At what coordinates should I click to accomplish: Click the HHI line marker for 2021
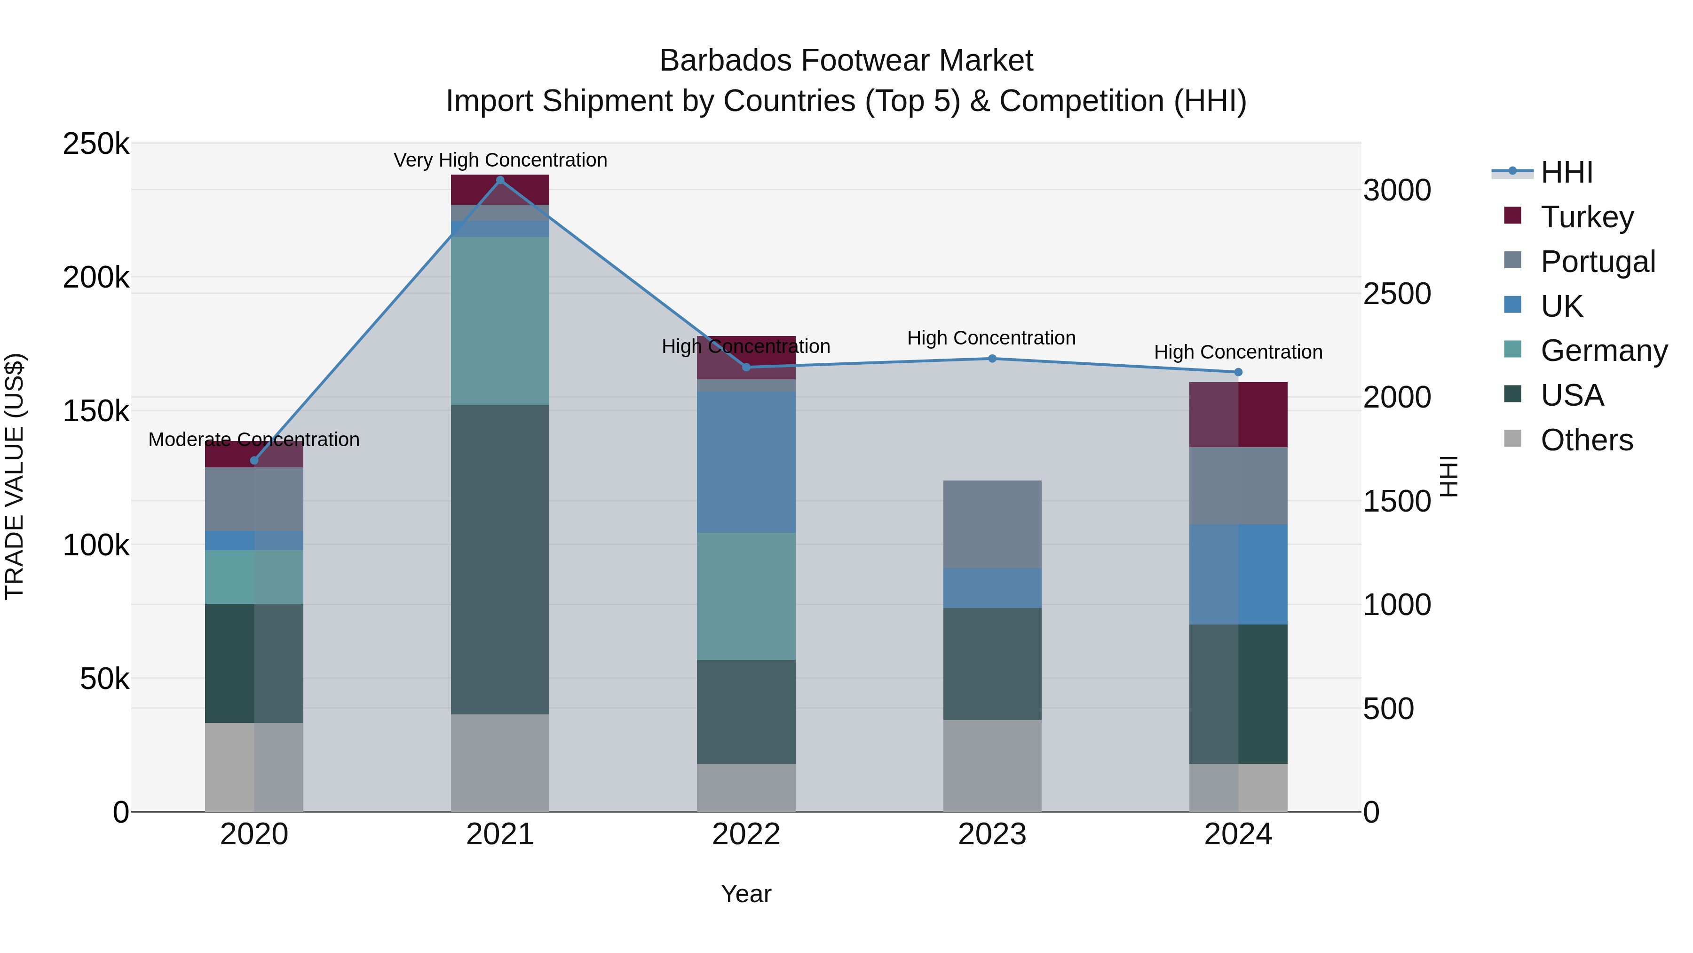point(500,180)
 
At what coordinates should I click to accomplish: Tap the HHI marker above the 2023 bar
point(992,359)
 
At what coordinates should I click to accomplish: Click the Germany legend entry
point(1603,351)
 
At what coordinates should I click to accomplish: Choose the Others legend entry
point(1586,440)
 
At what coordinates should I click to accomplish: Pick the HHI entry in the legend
point(1566,172)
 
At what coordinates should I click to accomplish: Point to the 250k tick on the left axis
point(96,144)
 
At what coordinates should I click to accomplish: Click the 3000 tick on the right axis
point(1397,190)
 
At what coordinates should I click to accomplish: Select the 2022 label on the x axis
point(746,834)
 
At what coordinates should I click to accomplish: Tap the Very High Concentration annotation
point(500,160)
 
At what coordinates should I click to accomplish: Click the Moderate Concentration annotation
point(253,440)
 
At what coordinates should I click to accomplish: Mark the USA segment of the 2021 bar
point(500,559)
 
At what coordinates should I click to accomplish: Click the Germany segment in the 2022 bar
point(746,596)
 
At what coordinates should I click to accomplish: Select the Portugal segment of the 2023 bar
point(992,524)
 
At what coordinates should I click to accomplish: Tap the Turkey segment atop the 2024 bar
point(1238,414)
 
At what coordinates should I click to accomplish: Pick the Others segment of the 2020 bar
point(253,767)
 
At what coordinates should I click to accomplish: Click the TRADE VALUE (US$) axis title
point(15,476)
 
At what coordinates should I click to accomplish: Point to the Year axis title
point(746,894)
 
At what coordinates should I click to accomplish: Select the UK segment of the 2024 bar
point(1238,574)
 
